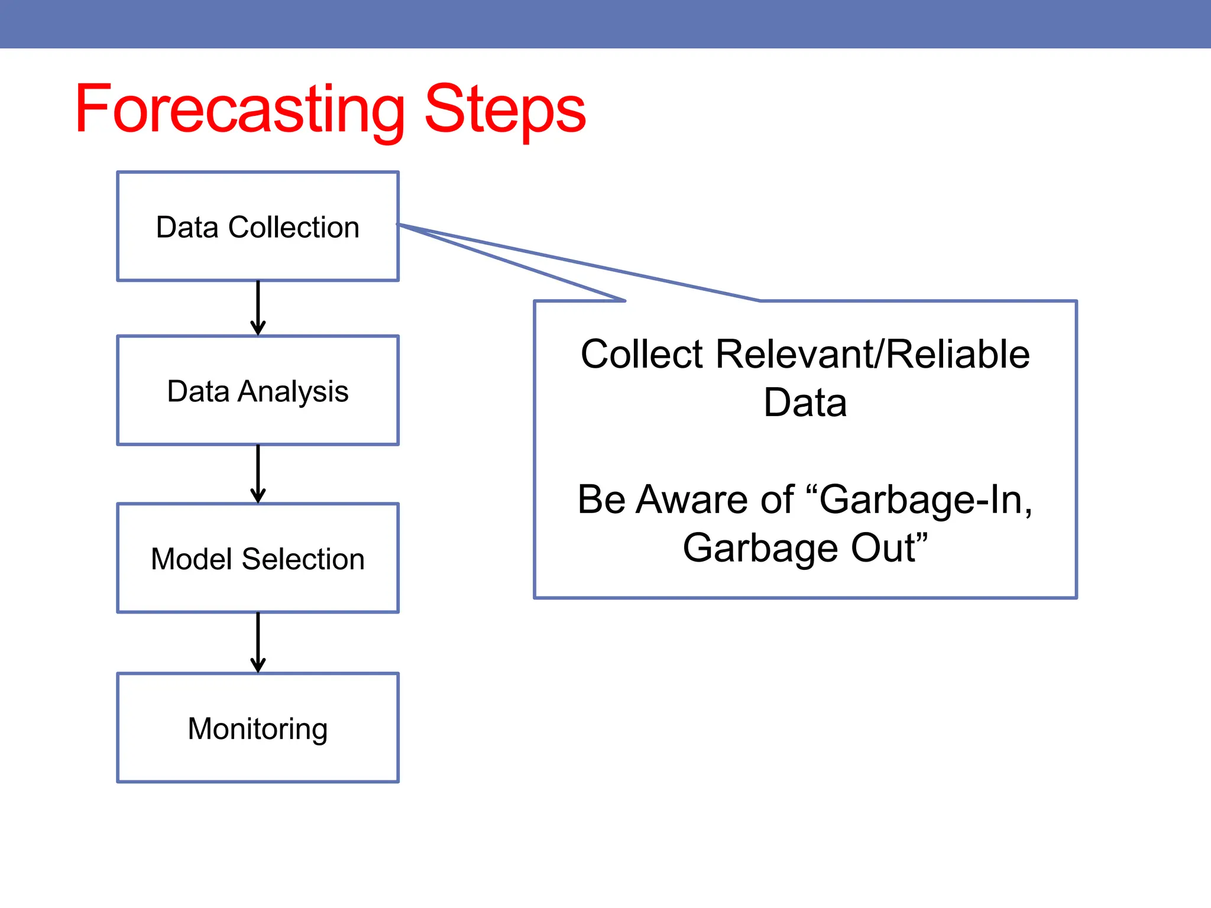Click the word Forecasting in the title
point(239,109)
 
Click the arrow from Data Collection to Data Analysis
point(258,308)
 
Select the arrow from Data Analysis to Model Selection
point(258,474)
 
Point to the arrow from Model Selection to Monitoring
point(258,642)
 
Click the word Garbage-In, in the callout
point(925,500)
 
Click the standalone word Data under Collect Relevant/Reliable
point(805,403)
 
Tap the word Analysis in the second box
point(293,392)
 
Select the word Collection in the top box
point(293,228)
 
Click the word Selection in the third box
point(303,559)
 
